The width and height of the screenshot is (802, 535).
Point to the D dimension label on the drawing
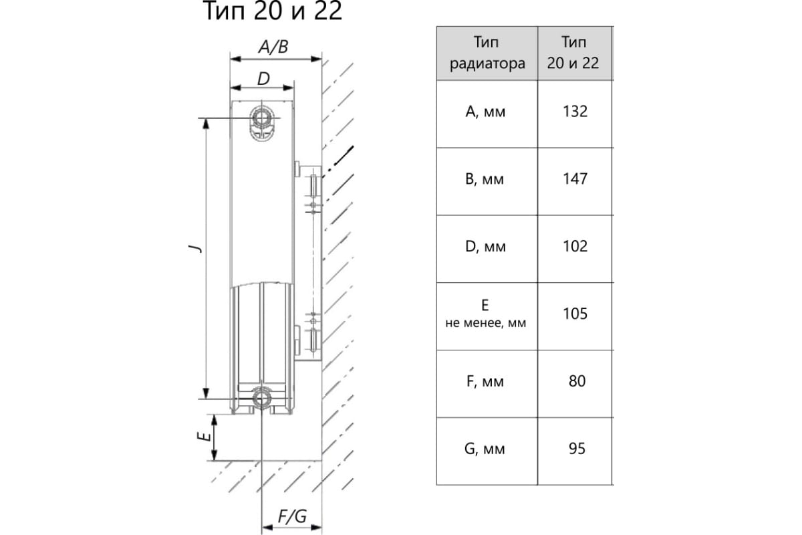263,78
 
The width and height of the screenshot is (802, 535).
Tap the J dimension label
195,248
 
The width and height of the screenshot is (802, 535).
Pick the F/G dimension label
291,516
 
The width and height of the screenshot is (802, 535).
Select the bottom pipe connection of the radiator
261,399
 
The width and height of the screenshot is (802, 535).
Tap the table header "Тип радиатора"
487,53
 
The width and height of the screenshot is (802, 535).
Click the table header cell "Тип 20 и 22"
575,53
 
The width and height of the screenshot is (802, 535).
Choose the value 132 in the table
575,112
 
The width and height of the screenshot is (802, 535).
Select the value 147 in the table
575,179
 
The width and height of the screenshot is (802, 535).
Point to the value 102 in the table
575,247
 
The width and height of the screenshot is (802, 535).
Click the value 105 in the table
575,314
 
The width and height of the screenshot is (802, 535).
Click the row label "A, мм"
486,112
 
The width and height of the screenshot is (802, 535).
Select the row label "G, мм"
486,449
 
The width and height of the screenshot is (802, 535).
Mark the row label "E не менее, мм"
486,314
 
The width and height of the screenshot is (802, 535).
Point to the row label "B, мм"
486,180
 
